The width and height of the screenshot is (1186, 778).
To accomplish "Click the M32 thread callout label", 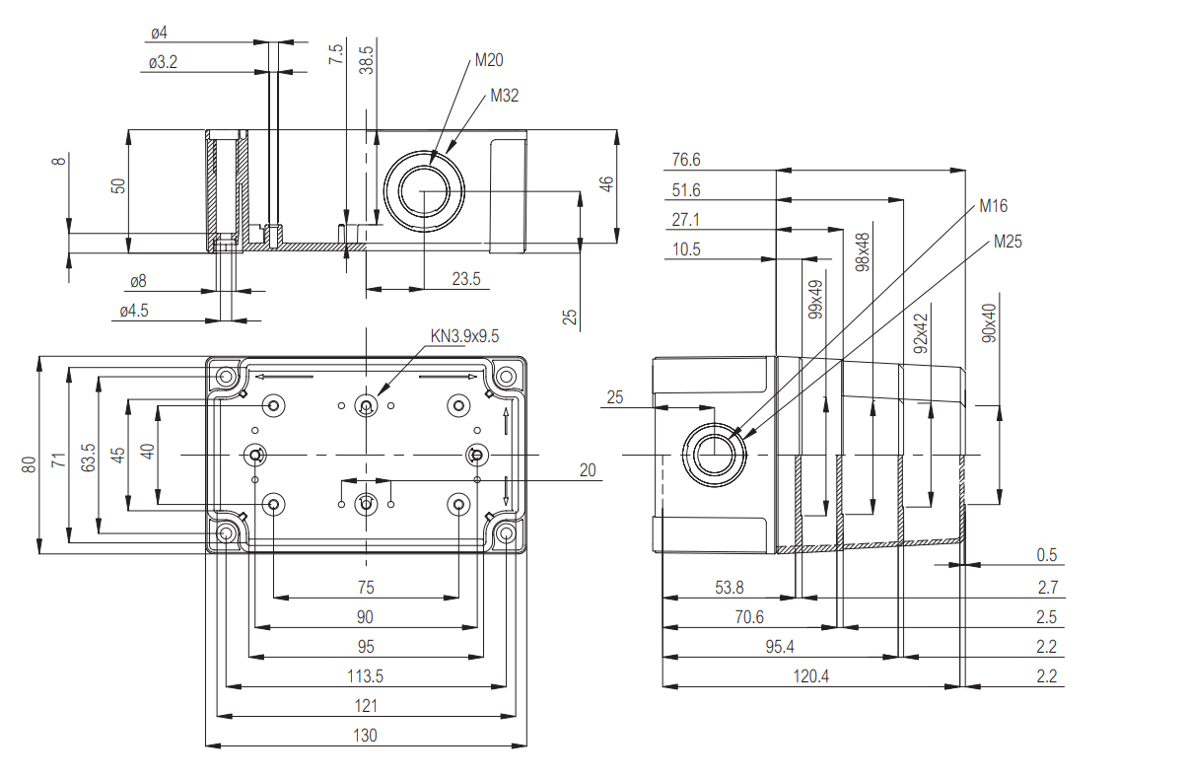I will [504, 96].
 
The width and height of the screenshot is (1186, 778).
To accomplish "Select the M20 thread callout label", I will [489, 60].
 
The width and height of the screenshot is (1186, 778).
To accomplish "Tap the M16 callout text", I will [993, 206].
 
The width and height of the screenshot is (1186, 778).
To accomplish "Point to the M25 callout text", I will [1009, 241].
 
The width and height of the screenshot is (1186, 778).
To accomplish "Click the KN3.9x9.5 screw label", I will [465, 336].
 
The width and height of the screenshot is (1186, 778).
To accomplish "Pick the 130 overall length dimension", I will [365, 735].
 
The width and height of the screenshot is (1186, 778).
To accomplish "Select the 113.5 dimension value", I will [365, 675].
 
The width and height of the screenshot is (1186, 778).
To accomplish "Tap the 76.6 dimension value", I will [685, 160].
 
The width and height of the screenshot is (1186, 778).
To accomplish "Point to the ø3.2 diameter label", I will [164, 62].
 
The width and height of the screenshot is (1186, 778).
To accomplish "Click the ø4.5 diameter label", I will [134, 311].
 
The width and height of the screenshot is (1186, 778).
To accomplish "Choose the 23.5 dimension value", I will [465, 279].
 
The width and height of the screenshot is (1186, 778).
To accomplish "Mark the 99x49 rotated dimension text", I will [815, 300].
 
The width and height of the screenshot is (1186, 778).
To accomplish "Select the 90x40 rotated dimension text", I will [990, 322].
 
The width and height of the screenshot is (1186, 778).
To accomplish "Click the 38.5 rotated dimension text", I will [367, 61].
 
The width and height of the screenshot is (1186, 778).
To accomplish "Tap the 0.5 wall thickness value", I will [1047, 555].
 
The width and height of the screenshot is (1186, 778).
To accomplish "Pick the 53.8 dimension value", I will [729, 588].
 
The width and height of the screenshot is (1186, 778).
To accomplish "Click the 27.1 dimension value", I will [685, 220].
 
